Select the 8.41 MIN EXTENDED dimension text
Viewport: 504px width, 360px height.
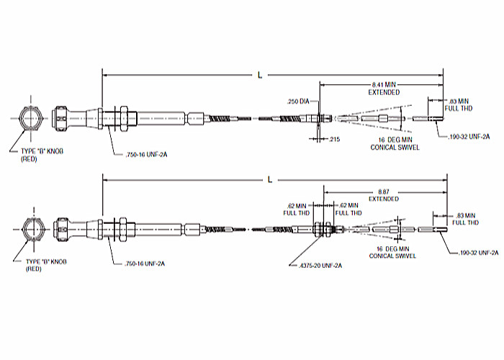[383, 89]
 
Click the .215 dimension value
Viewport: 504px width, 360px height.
[335, 138]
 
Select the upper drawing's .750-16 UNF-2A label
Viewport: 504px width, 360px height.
[140, 152]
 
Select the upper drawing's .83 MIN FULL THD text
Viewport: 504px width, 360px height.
[459, 104]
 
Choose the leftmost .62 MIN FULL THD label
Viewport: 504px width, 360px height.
[297, 210]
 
